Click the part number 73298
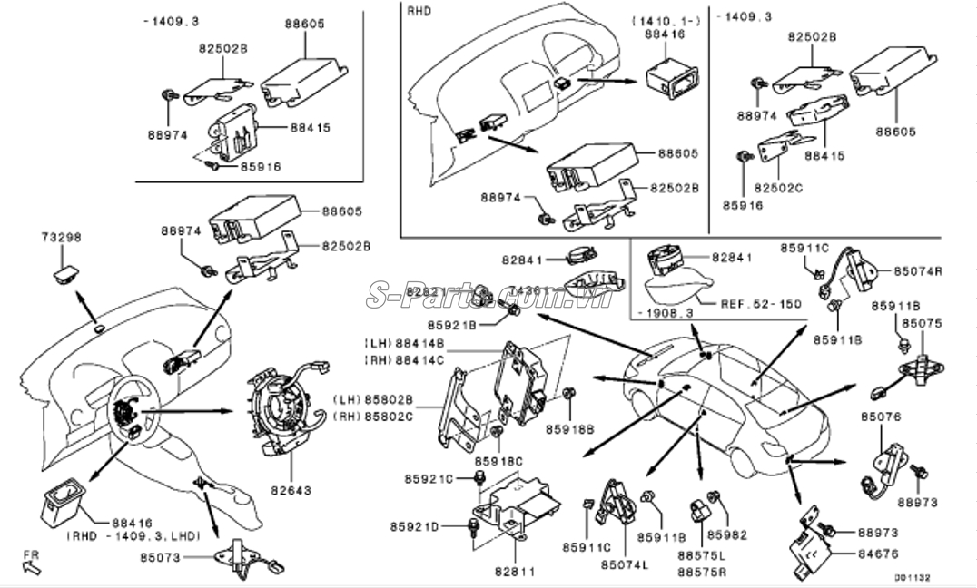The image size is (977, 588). tap(62, 237)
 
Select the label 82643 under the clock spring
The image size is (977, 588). tap(292, 490)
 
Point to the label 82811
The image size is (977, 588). tap(514, 572)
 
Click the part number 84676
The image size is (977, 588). tap(880, 553)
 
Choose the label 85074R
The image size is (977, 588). tap(918, 270)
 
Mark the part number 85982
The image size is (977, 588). tap(725, 534)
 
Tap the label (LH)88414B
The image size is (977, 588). tap(404, 344)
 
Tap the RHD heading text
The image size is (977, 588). tap(419, 12)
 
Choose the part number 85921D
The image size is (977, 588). tap(415, 527)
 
